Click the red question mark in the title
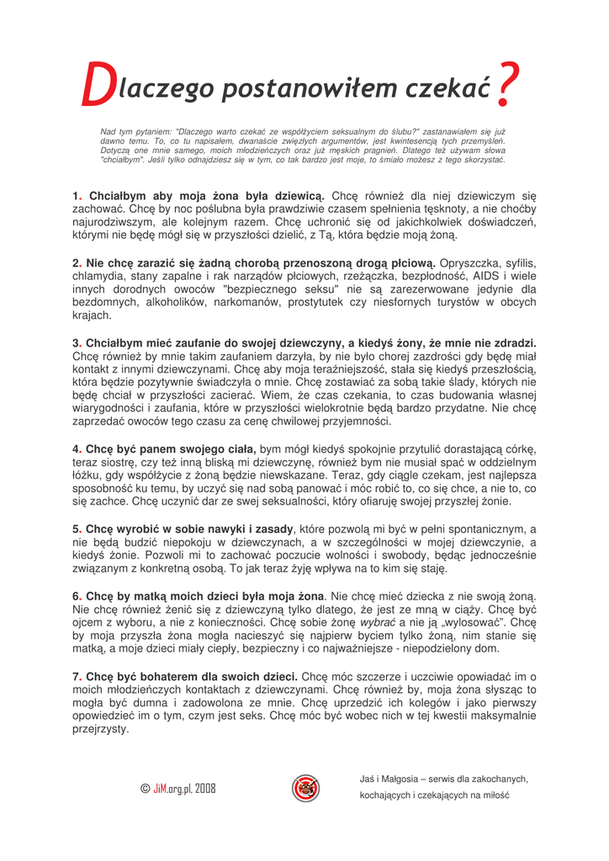(506, 85)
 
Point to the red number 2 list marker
(76, 263)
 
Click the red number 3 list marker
(76, 343)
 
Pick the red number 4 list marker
(76, 449)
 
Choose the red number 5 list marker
(76, 529)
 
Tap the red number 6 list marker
(76, 596)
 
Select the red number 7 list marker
(76, 676)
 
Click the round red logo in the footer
(305, 788)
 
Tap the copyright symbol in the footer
(146, 789)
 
